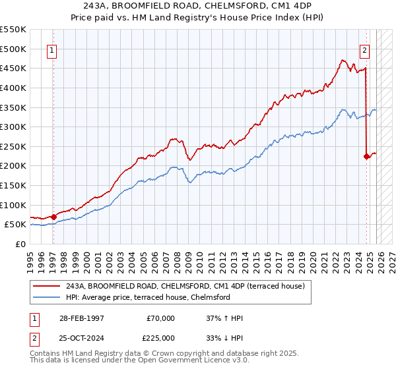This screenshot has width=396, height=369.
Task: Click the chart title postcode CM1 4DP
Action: click(x=286, y=6)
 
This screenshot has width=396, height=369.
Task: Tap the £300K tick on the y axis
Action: click(x=14, y=127)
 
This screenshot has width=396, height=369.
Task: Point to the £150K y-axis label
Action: click(x=14, y=185)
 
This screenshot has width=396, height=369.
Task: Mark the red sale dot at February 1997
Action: click(x=53, y=216)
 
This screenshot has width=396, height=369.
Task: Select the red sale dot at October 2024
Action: click(x=366, y=156)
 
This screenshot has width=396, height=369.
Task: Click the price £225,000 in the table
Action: click(x=161, y=337)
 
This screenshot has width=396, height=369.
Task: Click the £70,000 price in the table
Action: click(x=161, y=318)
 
